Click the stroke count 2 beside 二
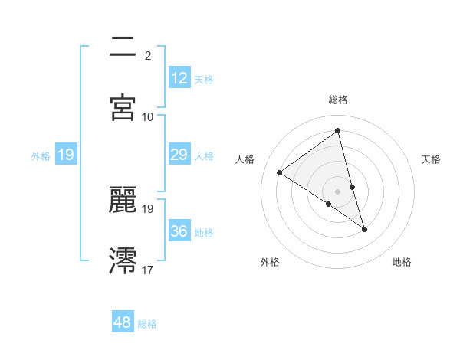pos(148,55)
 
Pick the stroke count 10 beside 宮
pos(148,116)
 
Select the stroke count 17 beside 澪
pos(148,269)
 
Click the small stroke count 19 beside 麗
pos(148,208)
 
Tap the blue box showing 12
pos(179,78)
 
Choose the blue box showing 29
pos(179,155)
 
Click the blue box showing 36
pos(179,231)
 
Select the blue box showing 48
pos(123,322)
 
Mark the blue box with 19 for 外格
pos(66,155)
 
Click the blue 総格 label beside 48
pos(147,324)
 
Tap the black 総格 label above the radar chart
pos(338,100)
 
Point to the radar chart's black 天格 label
pos(431,159)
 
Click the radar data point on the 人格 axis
pos(279,172)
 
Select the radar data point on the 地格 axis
pos(364,229)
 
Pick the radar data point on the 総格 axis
pos(338,131)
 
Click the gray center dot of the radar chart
pos(338,191)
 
